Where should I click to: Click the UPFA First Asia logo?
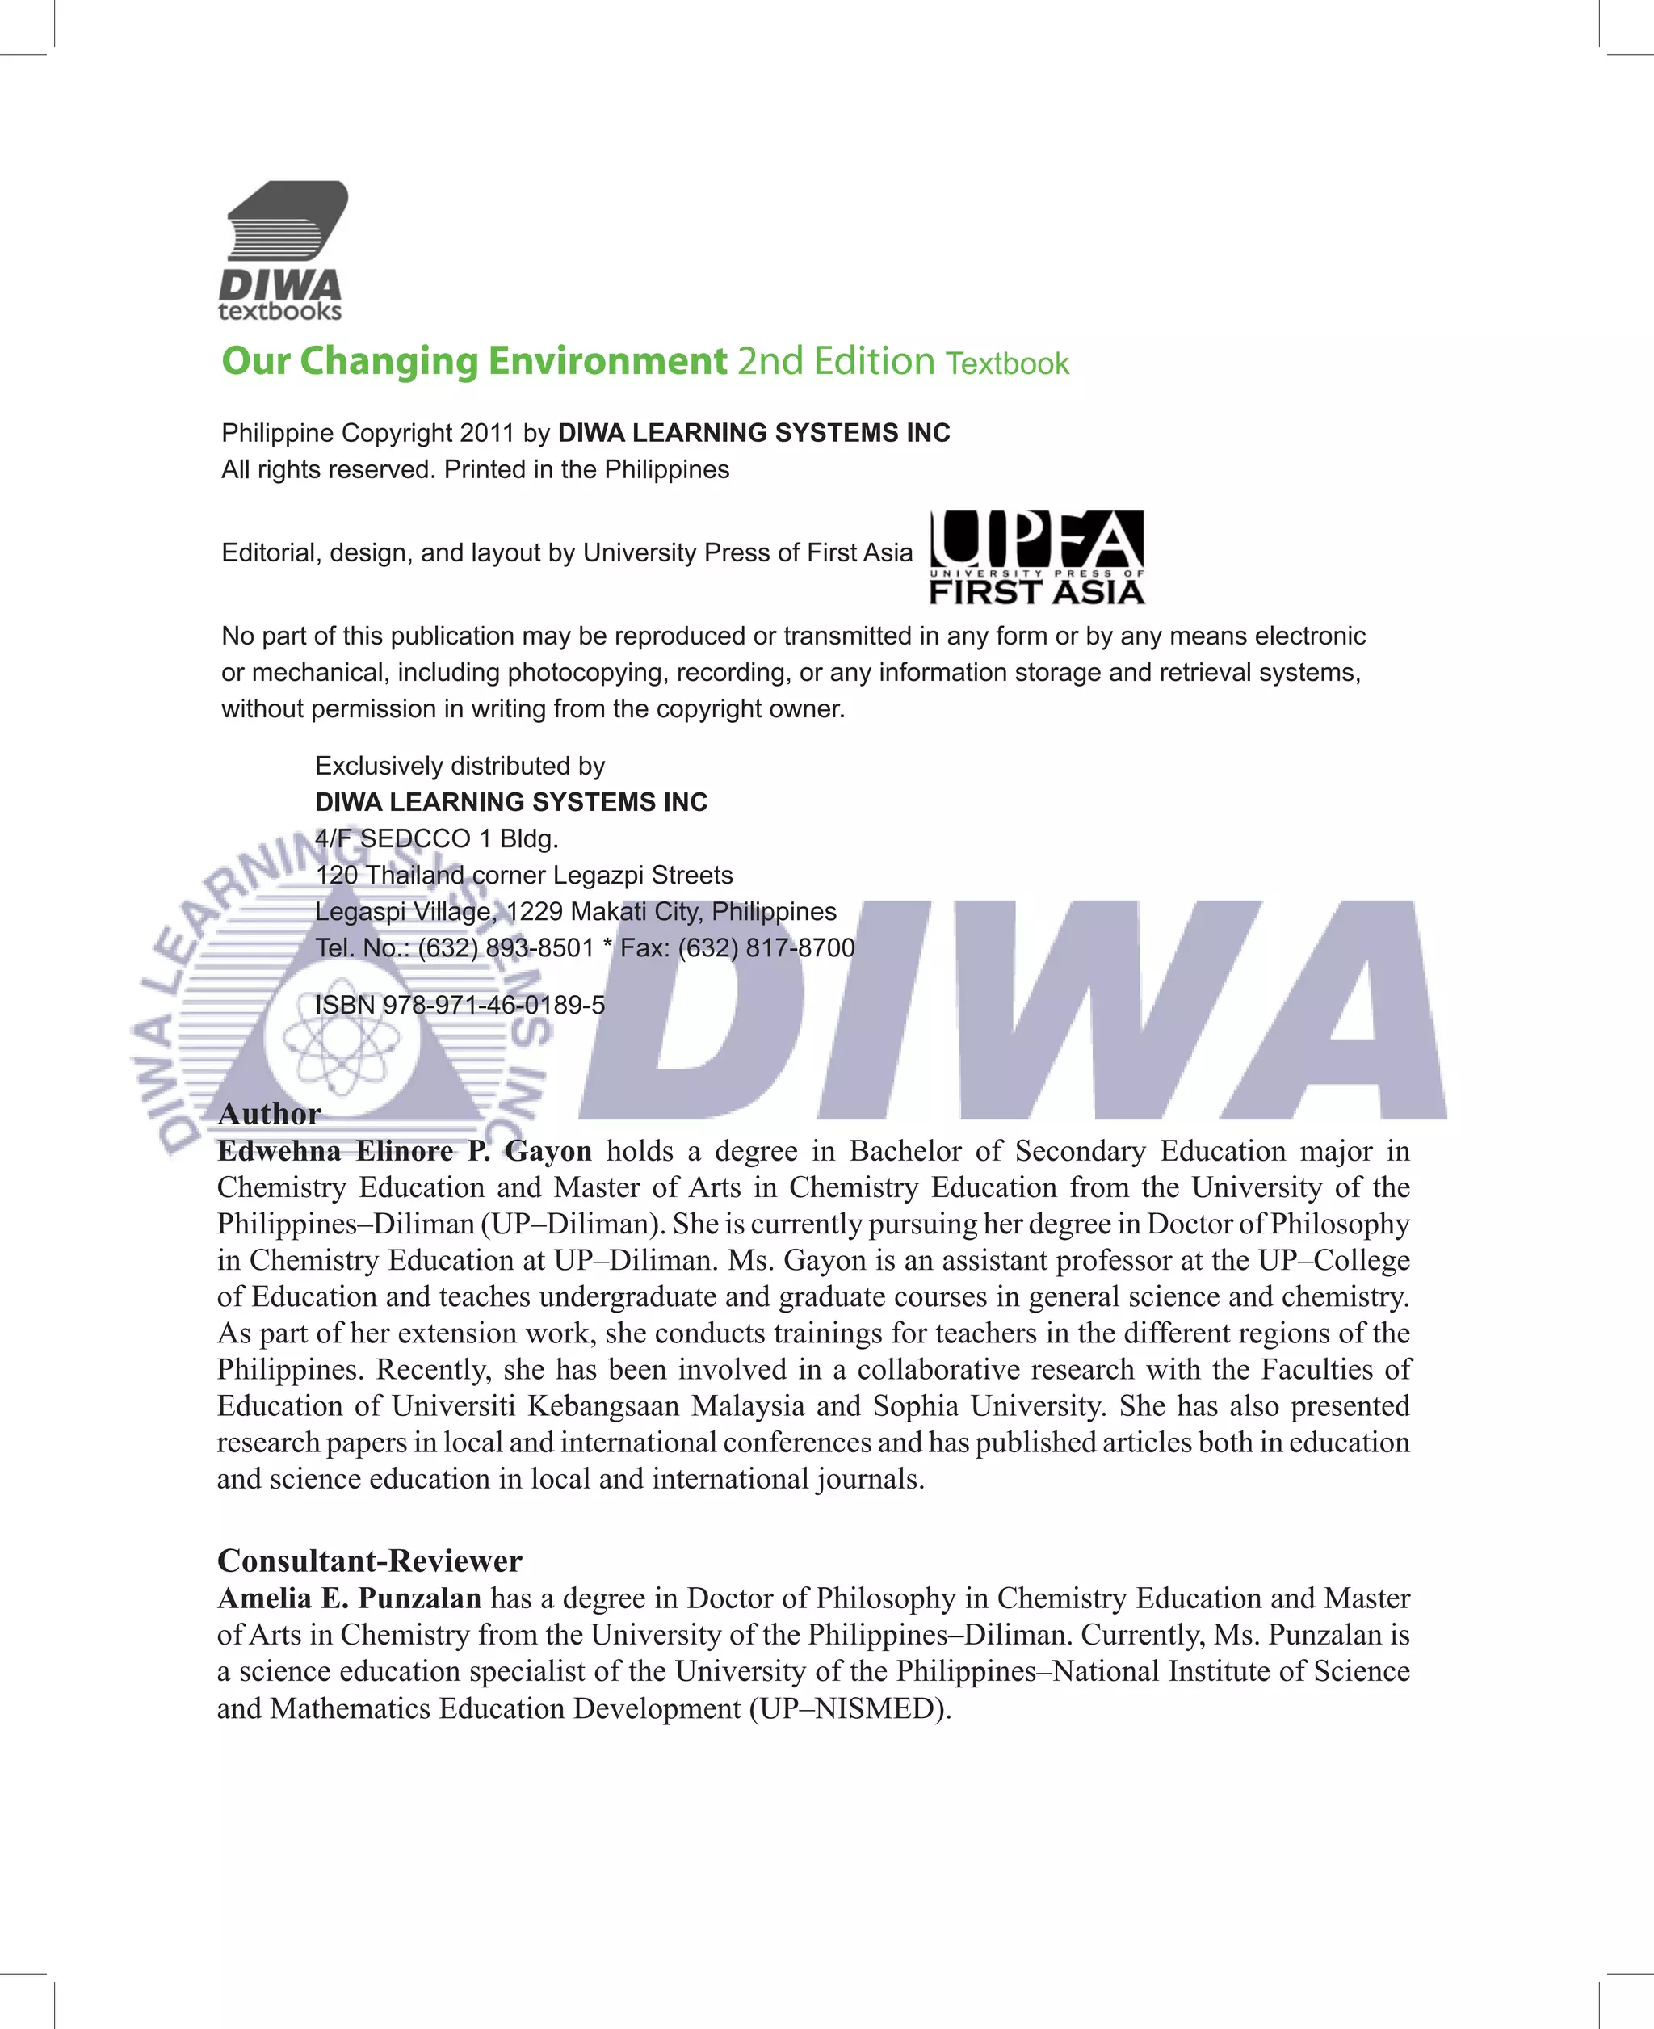tap(1037, 557)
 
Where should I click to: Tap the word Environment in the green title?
tap(608, 362)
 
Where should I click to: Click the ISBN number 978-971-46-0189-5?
tap(493, 1005)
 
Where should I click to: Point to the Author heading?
tap(270, 1113)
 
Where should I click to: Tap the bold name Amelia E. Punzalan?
tap(349, 1598)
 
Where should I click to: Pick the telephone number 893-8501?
tap(539, 948)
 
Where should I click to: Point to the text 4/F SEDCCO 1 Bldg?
tap(436, 838)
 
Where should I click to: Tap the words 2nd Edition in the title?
tap(836, 362)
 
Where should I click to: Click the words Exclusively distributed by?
tap(460, 767)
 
